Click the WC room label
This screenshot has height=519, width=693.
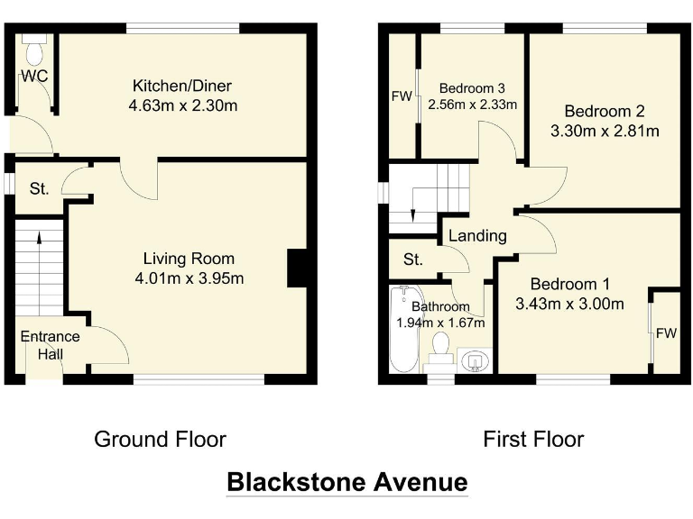(x=34, y=76)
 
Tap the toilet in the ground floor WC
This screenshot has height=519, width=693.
(x=34, y=44)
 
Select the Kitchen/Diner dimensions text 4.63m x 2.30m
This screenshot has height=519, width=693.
(x=182, y=105)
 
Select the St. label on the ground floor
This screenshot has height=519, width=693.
(x=39, y=189)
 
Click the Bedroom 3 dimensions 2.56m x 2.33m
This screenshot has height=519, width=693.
(x=472, y=105)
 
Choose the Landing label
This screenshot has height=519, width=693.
(x=477, y=236)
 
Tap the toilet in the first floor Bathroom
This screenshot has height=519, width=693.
(x=441, y=346)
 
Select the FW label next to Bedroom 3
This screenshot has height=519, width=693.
(x=401, y=96)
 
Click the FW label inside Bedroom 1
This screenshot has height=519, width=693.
(x=666, y=334)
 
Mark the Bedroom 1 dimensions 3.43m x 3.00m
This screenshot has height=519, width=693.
(x=569, y=304)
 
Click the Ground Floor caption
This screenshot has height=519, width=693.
(x=160, y=440)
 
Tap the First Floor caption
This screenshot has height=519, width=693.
(x=533, y=440)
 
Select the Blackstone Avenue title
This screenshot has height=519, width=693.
(x=346, y=481)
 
